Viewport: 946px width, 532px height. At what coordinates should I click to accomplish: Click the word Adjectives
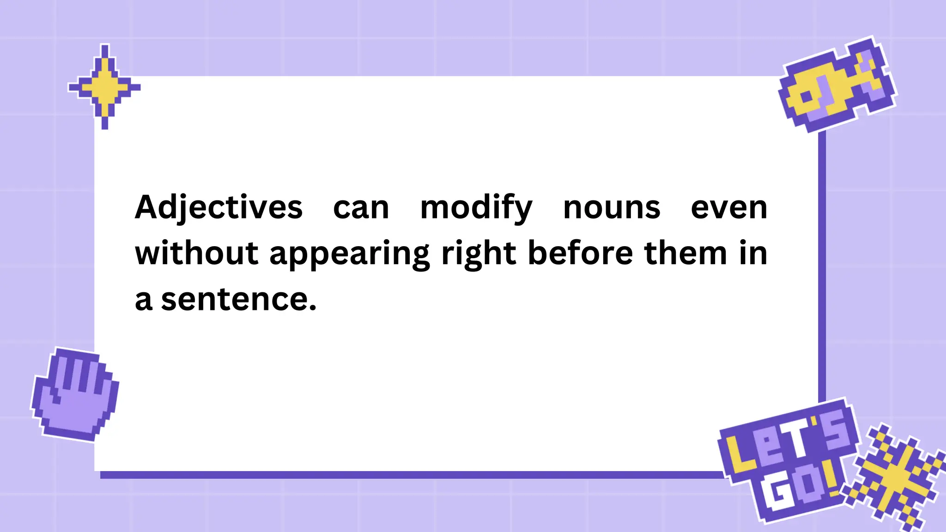218,208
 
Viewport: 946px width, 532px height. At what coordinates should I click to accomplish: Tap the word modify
476,208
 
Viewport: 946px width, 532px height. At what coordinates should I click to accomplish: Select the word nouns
612,208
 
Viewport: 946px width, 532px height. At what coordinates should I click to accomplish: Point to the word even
729,208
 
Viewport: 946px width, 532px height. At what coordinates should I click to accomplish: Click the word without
196,253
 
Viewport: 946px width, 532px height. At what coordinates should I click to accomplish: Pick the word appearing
350,254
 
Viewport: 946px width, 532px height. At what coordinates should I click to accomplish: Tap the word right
479,254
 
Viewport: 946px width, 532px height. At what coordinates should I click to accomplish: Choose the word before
580,253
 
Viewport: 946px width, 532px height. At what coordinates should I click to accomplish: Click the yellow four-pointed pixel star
104,86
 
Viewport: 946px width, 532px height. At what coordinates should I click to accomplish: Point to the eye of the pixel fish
806,97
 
